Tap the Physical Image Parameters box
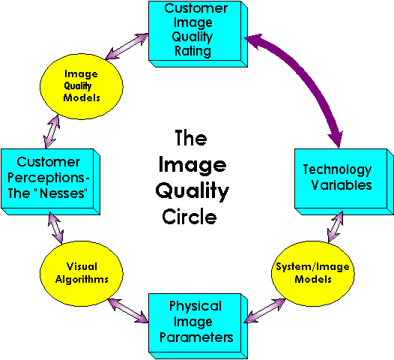(196, 322)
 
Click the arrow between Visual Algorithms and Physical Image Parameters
(127, 309)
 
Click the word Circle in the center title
(190, 217)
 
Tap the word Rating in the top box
(191, 52)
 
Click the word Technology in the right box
(337, 169)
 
